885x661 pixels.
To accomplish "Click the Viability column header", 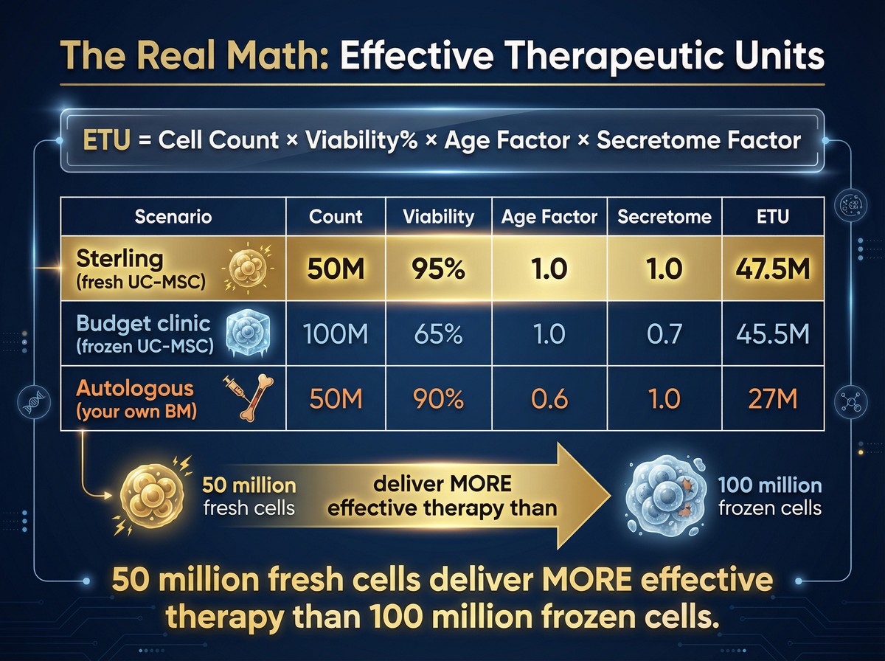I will click(438, 217).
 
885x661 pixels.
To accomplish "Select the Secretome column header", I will click(664, 217).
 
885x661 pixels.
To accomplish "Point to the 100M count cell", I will click(335, 334).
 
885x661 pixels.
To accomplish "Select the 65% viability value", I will click(438, 334).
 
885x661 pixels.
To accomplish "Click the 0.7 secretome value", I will click(664, 334).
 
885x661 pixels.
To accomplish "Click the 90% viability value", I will click(438, 399).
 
